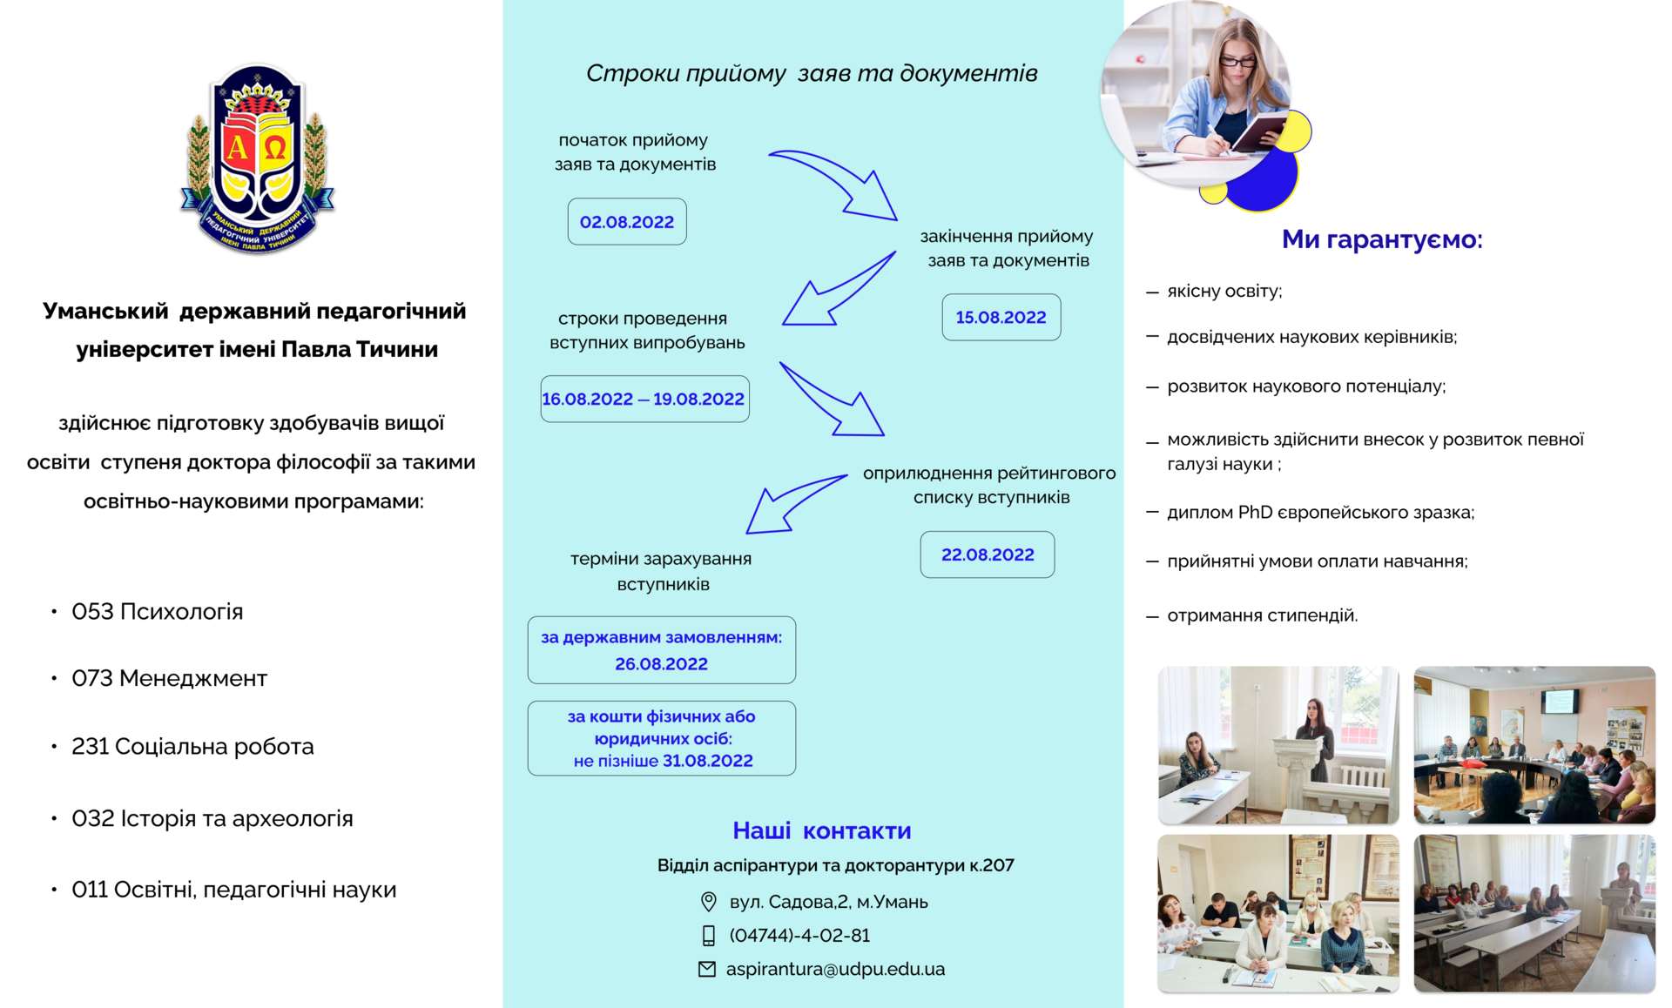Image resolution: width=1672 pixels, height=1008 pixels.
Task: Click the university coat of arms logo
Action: coord(258,159)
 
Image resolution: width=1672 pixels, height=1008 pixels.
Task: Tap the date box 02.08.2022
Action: coord(627,221)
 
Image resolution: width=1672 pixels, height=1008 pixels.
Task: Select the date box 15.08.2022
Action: coord(1001,317)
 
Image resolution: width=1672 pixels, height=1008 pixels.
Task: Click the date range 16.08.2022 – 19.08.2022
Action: coord(644,399)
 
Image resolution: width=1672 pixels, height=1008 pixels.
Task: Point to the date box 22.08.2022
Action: coord(988,554)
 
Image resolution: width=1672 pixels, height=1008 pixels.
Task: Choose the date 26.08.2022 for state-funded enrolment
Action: coord(661,663)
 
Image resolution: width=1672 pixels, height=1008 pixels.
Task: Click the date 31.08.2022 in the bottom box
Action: coord(707,761)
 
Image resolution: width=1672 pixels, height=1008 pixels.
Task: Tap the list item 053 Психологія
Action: coord(157,611)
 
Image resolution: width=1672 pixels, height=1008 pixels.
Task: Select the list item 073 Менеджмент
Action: coord(169,678)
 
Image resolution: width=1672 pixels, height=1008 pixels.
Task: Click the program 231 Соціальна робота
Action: coord(192,746)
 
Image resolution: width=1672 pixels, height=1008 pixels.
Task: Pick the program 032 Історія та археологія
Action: coord(212,818)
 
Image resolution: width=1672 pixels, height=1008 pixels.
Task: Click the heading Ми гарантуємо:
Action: coord(1382,239)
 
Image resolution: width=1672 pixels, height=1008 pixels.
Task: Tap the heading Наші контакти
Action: coord(822,830)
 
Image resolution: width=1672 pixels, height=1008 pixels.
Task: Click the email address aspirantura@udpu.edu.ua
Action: coord(835,969)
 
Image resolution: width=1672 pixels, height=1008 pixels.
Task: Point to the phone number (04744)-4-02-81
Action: coord(799,935)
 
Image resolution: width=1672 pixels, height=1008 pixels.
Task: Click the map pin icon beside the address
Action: coord(709,902)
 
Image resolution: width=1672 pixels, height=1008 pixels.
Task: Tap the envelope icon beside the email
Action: coord(707,969)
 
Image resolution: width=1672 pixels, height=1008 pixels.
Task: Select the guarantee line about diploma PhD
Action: coord(1320,512)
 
